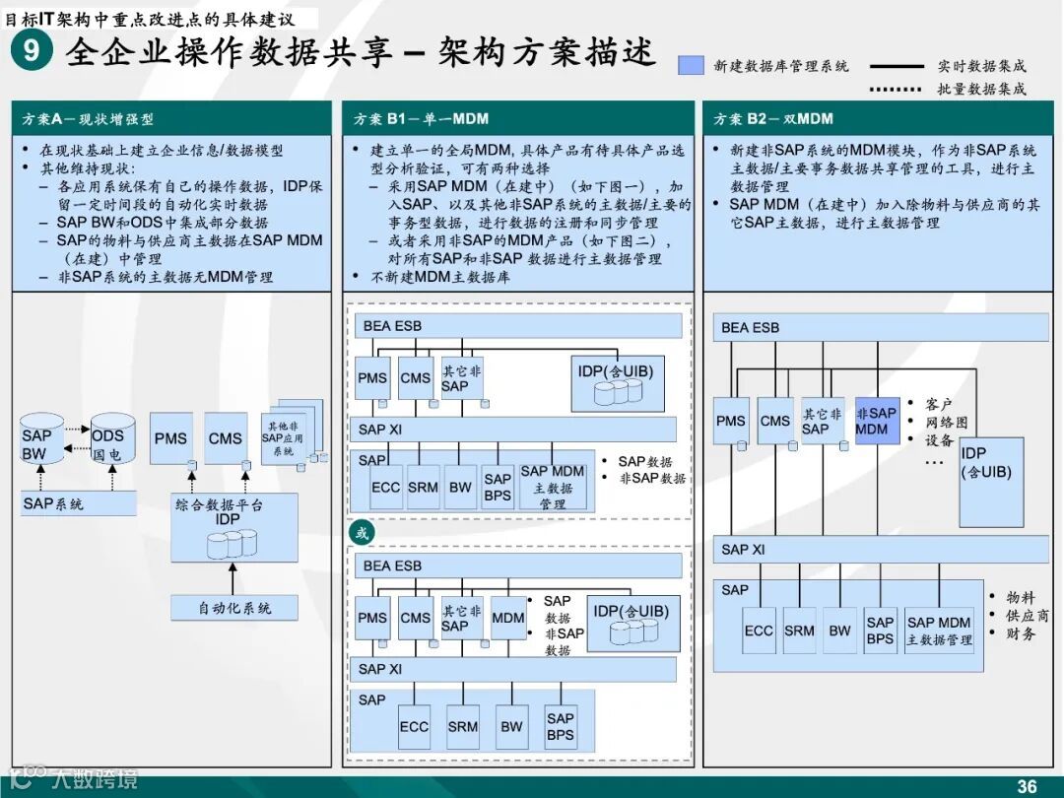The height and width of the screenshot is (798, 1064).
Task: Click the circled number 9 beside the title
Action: pyautogui.click(x=32, y=50)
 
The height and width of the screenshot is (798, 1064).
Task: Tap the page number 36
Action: pyautogui.click(x=1027, y=785)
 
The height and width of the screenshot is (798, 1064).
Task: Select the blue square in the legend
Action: pyautogui.click(x=692, y=66)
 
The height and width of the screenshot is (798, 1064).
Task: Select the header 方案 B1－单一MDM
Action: pyautogui.click(x=421, y=118)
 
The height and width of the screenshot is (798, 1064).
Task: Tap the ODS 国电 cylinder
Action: pyautogui.click(x=108, y=443)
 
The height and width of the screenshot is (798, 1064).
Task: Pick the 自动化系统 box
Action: pyautogui.click(x=234, y=608)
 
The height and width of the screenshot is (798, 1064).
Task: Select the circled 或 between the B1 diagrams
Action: pyautogui.click(x=363, y=533)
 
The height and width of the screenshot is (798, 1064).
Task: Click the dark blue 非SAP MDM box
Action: pyautogui.click(x=877, y=421)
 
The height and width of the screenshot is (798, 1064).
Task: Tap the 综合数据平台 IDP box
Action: pyautogui.click(x=234, y=527)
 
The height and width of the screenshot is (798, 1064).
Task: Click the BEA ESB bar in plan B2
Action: pyautogui.click(x=881, y=328)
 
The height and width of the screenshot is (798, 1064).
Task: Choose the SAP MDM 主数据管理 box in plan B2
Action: pyautogui.click(x=939, y=631)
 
